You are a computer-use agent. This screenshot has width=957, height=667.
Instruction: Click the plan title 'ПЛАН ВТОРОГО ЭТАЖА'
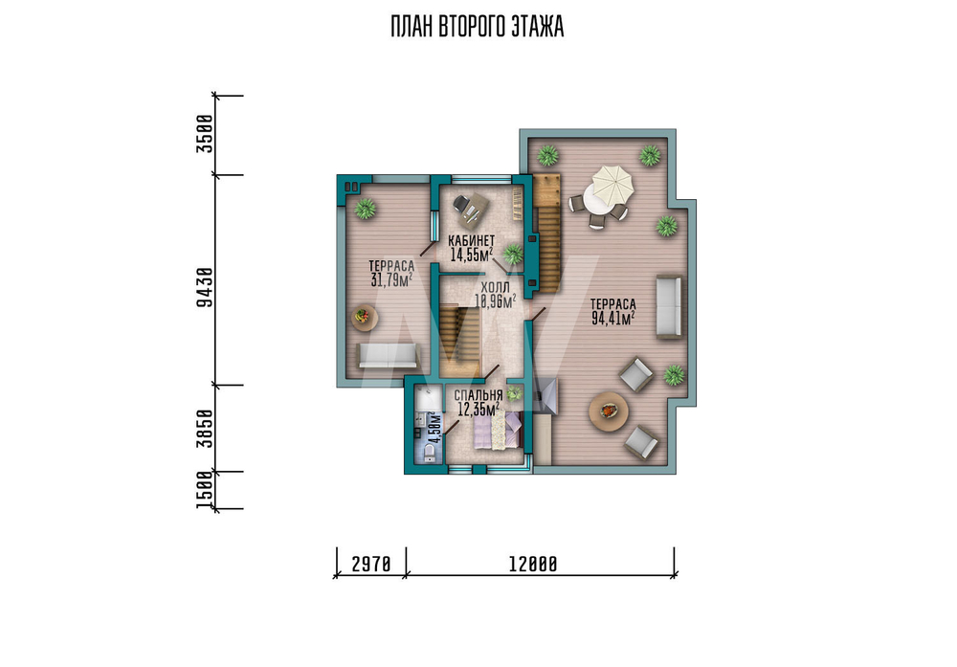tap(477, 27)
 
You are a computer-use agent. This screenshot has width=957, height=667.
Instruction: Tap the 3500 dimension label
tap(205, 134)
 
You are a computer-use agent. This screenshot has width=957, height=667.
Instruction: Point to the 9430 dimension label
tap(205, 287)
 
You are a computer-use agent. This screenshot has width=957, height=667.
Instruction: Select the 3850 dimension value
tap(205, 429)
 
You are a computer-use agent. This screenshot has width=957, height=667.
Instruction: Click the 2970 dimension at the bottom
tap(371, 565)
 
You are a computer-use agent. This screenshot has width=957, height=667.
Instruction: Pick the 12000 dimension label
tap(533, 565)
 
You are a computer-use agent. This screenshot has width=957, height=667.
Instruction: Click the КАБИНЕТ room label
tap(471, 240)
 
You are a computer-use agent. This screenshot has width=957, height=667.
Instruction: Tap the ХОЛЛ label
tap(495, 287)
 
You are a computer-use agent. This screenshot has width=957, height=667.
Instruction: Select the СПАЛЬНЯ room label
tap(478, 395)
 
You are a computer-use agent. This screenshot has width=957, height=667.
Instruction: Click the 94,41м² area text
tap(613, 318)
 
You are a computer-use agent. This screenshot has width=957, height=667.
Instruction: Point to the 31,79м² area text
tap(391, 279)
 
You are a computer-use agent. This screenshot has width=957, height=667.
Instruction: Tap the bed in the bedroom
tap(498, 430)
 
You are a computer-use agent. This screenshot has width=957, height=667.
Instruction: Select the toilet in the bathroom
tap(429, 452)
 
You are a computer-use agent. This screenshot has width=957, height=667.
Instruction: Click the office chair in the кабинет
tap(462, 203)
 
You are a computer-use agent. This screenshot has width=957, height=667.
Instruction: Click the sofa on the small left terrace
tap(388, 355)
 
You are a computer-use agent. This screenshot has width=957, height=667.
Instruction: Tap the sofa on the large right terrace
tap(668, 306)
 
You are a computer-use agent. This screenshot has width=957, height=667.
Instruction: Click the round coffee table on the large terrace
tap(609, 411)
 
